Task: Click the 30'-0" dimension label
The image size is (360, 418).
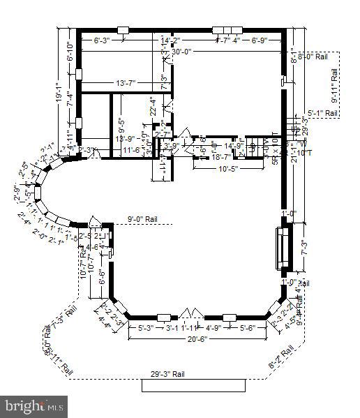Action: (x=181, y=51)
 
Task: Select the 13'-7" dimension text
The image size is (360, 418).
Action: (x=130, y=83)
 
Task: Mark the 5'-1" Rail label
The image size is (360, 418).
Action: (x=323, y=113)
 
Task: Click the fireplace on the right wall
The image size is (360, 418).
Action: (x=283, y=248)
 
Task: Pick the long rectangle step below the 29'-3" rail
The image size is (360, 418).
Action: (x=193, y=386)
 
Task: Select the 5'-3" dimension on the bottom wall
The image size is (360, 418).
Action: (x=145, y=327)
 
